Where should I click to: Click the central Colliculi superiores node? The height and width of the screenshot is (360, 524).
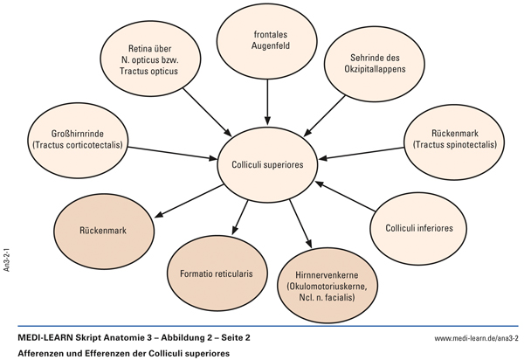coord(268,163)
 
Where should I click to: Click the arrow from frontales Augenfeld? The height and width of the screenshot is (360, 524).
coord(268,103)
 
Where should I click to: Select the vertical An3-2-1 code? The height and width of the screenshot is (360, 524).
coord(8,262)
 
